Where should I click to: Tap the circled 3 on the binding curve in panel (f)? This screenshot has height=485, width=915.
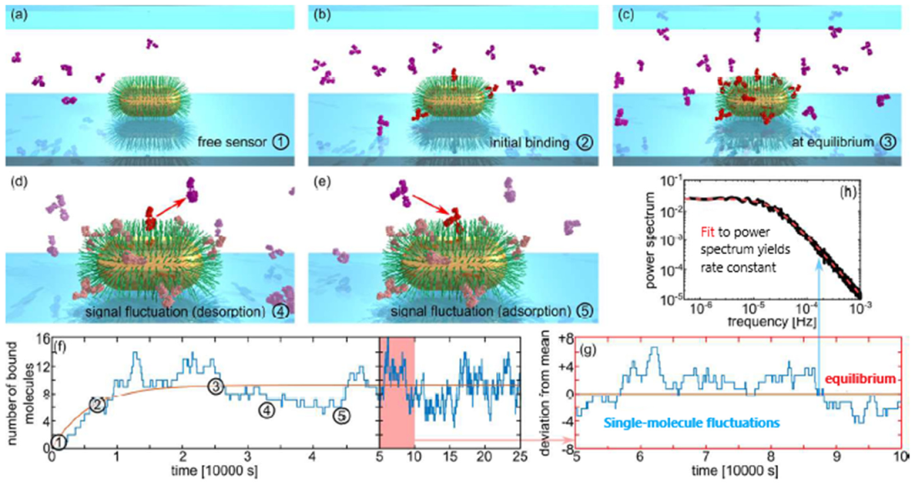[216, 386]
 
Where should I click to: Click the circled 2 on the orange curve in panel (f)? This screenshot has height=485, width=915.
[97, 405]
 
